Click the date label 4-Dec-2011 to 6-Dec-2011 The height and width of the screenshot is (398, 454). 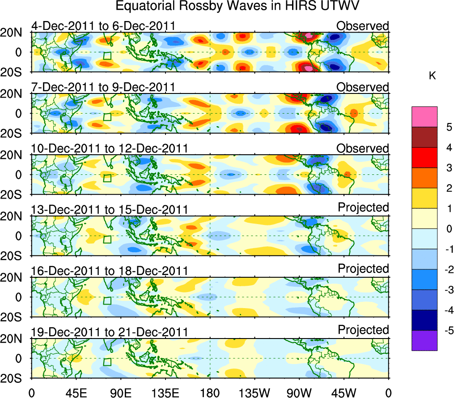(x=103, y=26)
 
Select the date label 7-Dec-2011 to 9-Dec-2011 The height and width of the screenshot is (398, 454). (x=103, y=87)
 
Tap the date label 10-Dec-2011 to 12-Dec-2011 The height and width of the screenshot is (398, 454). (x=109, y=148)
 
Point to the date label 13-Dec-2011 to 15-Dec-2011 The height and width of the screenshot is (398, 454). (x=109, y=209)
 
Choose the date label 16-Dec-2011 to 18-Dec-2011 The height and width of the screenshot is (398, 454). (x=109, y=271)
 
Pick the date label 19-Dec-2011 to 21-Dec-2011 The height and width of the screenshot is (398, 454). (x=109, y=332)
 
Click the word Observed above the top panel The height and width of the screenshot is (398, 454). (x=362, y=26)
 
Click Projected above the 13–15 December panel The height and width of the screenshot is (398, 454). (x=363, y=207)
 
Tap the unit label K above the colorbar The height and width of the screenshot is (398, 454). (x=432, y=76)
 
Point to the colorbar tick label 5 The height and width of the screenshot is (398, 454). (x=446, y=127)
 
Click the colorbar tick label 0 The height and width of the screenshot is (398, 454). (x=446, y=229)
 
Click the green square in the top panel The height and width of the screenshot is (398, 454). (x=107, y=55)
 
